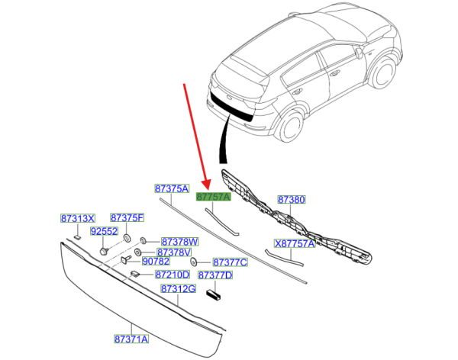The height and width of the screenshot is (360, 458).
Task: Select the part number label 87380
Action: point(291,201)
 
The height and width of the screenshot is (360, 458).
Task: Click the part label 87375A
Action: point(171,188)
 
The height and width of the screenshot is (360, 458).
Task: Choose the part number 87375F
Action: point(127,218)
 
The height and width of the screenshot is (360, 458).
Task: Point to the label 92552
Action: point(103,231)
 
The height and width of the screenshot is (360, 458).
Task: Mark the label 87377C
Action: point(230,262)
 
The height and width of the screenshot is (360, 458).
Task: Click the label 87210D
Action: point(173,275)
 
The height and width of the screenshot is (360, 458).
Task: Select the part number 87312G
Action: point(179,289)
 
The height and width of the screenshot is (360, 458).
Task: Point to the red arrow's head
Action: point(207,188)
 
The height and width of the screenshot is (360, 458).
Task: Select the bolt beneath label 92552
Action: point(102,249)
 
